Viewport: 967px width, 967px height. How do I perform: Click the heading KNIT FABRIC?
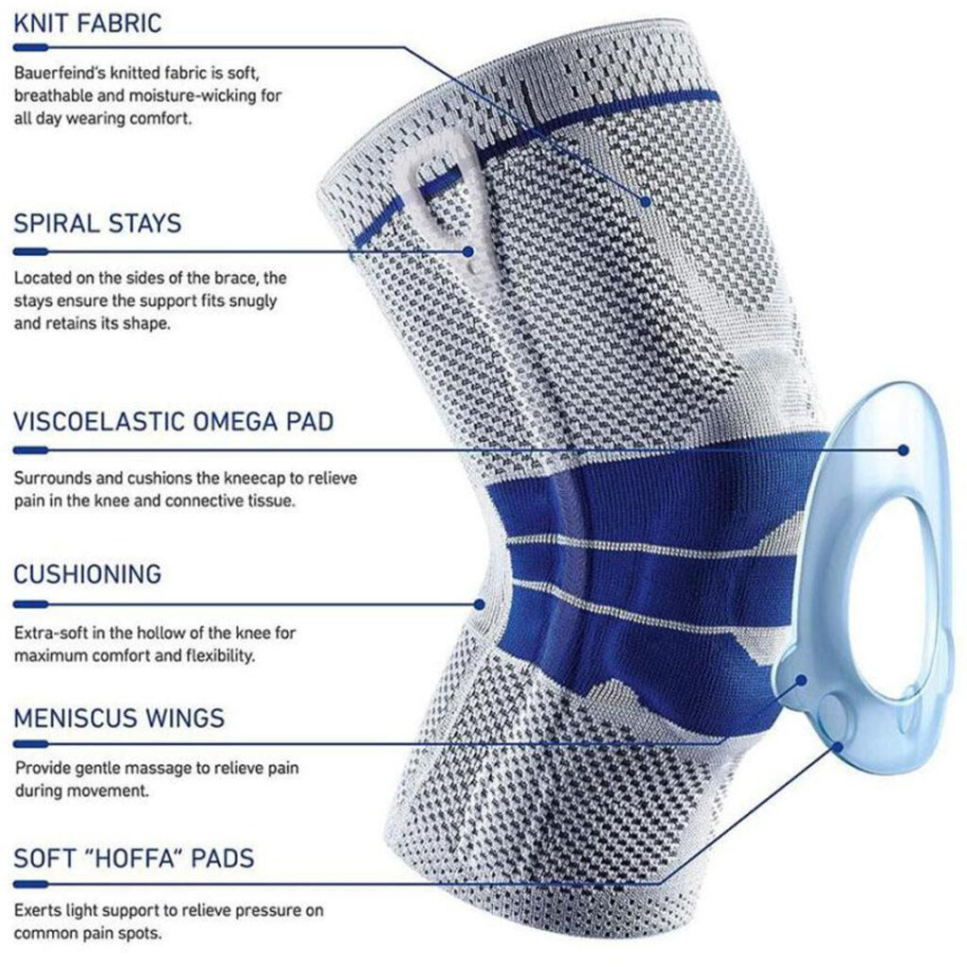(88, 24)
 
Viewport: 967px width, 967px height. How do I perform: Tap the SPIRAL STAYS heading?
(97, 223)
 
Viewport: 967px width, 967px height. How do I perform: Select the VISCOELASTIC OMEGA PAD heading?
(174, 422)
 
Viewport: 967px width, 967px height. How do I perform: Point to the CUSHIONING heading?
(88, 574)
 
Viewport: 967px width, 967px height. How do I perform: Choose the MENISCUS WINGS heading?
(119, 719)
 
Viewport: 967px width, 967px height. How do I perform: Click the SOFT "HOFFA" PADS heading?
(134, 858)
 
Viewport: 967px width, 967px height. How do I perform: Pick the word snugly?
(253, 301)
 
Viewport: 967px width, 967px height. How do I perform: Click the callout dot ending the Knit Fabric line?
(646, 201)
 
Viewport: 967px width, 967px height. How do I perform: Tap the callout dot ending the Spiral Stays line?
(468, 251)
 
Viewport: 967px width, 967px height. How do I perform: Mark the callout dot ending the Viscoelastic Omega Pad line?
(904, 450)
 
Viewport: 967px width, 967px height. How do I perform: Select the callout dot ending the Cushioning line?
(479, 604)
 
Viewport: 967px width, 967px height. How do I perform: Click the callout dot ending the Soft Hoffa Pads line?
(837, 747)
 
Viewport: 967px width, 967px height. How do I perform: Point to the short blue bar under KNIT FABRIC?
(30, 47)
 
